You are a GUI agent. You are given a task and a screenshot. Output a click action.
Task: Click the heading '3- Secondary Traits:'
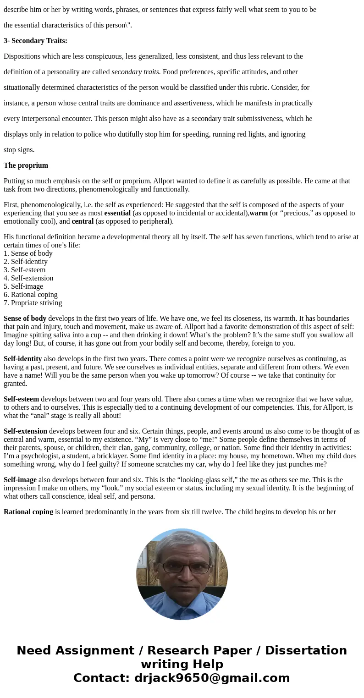[x=35, y=41]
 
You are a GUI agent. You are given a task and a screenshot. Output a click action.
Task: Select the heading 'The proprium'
[x=26, y=165]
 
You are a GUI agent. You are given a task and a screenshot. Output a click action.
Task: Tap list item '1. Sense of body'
[x=28, y=253]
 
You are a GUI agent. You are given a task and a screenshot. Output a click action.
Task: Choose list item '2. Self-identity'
[x=26, y=262]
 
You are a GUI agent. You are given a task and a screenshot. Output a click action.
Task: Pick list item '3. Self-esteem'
[x=25, y=270]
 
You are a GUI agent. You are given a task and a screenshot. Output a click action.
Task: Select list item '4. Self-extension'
[x=28, y=278]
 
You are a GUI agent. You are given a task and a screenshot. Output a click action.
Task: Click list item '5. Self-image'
[x=23, y=286]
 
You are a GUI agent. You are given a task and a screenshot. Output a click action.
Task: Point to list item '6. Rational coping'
[x=31, y=295]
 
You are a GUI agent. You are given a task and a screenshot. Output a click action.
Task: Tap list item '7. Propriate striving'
[x=33, y=303]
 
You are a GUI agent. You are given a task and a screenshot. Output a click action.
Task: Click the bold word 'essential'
[x=117, y=213]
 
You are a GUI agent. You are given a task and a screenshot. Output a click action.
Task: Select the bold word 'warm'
[x=259, y=213]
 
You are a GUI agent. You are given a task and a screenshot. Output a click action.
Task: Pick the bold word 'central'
[x=83, y=221]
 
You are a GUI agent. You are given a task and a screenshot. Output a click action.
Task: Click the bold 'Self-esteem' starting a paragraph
[x=21, y=399]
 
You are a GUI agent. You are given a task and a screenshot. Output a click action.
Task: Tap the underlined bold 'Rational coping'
[x=28, y=511]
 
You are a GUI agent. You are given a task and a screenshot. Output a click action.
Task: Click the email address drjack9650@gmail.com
[x=212, y=678]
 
